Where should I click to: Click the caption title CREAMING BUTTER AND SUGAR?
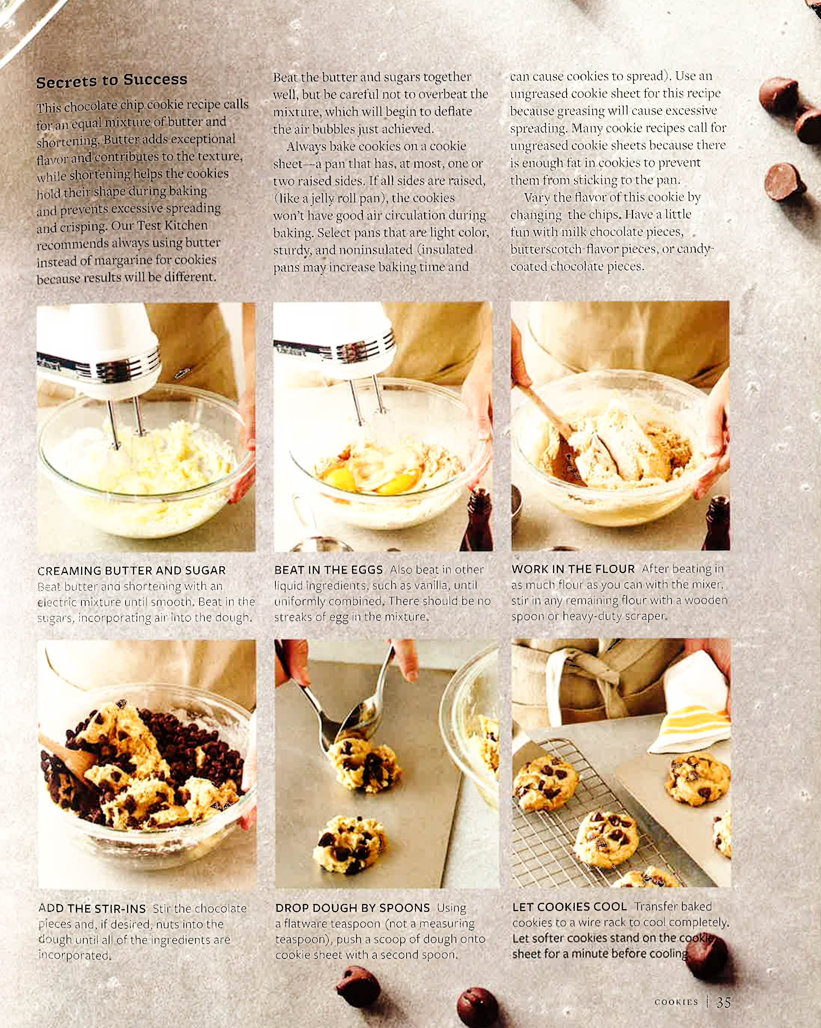(132, 570)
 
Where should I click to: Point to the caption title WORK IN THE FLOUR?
(573, 569)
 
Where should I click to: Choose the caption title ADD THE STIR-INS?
(92, 908)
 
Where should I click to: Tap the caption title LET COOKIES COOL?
(570, 907)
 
